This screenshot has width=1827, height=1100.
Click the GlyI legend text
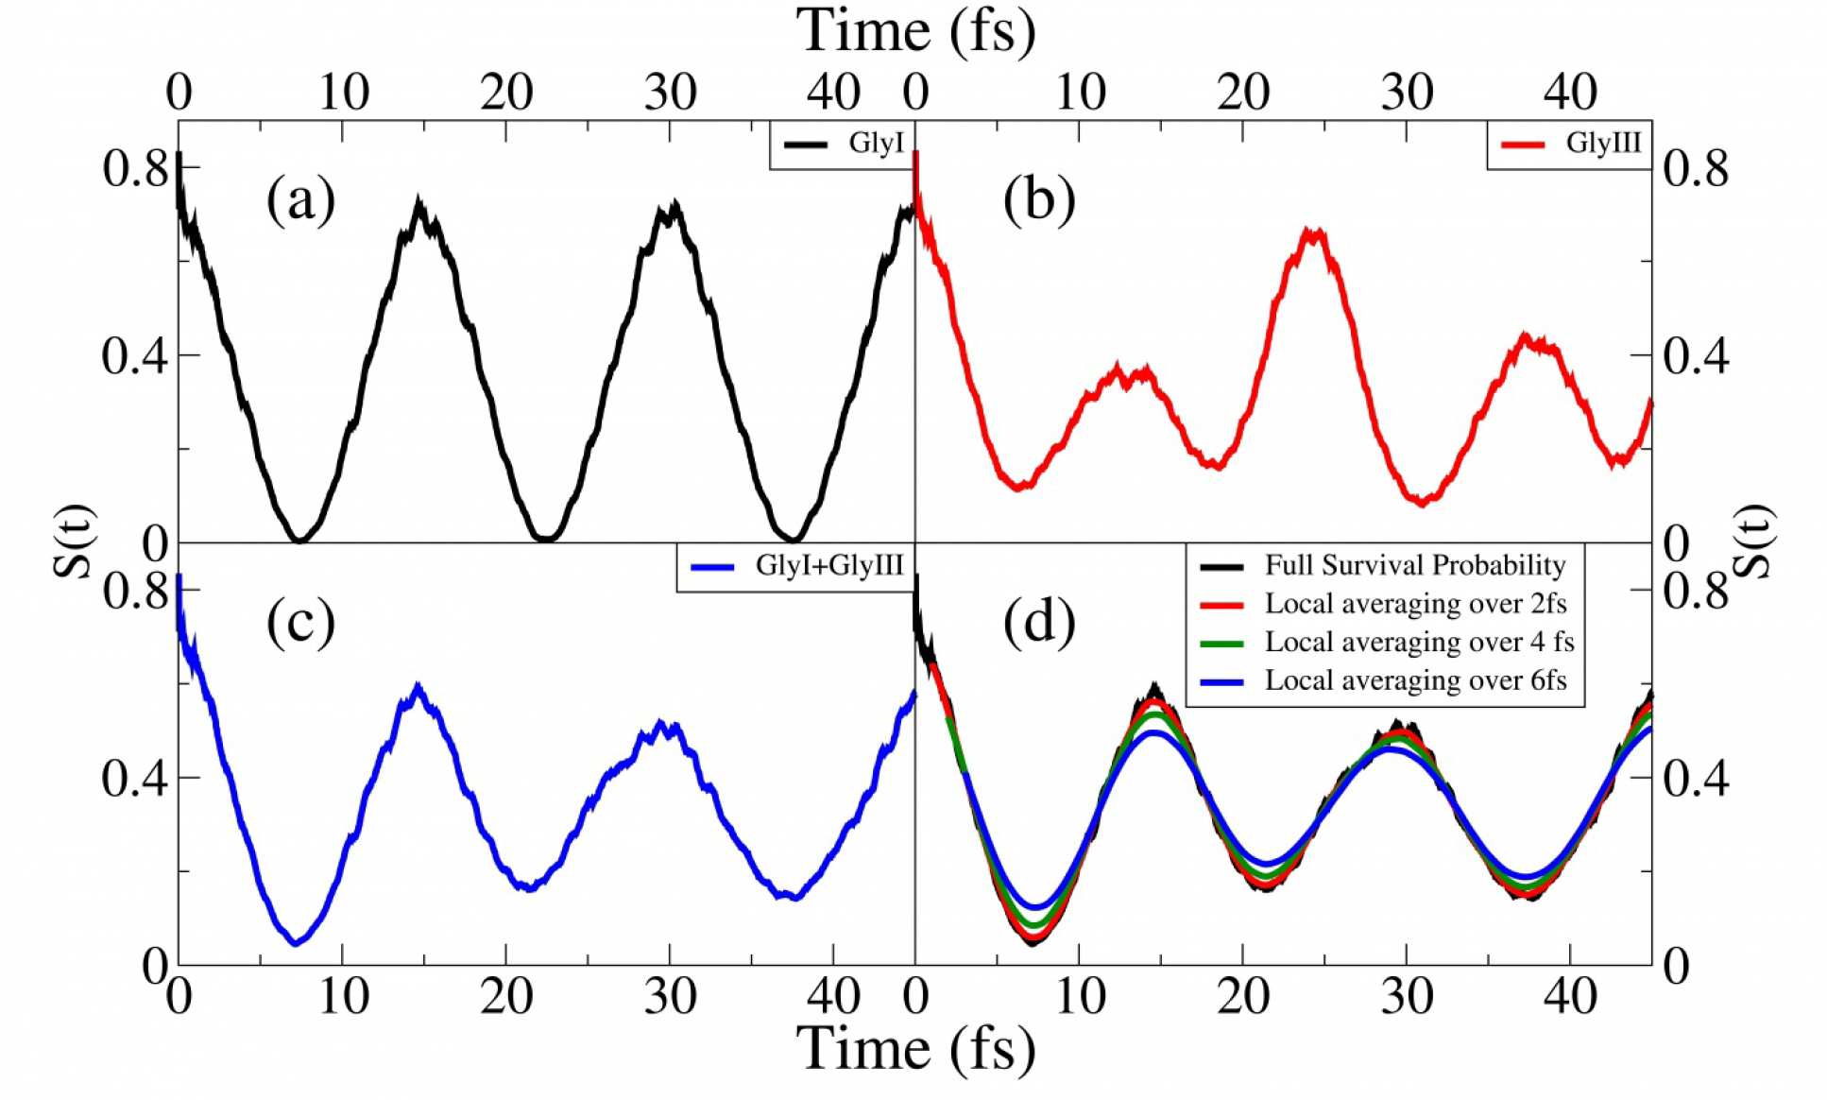tap(876, 143)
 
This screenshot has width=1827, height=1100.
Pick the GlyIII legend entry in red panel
tap(1603, 143)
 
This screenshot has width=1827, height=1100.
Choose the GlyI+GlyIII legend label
tap(829, 565)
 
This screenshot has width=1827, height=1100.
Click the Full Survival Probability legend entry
tap(1415, 565)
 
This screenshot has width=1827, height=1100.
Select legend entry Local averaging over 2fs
tap(1415, 603)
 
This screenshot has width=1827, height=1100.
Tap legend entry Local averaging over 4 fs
tap(1419, 642)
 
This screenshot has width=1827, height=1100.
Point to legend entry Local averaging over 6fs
tap(1415, 680)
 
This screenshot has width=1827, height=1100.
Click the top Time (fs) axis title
tap(914, 30)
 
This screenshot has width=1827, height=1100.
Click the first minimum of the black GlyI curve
tap(299, 540)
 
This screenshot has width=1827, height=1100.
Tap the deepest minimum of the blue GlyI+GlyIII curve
tap(296, 941)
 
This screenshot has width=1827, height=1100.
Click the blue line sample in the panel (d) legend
tap(1221, 681)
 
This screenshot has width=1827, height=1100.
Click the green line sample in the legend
tap(1221, 643)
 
